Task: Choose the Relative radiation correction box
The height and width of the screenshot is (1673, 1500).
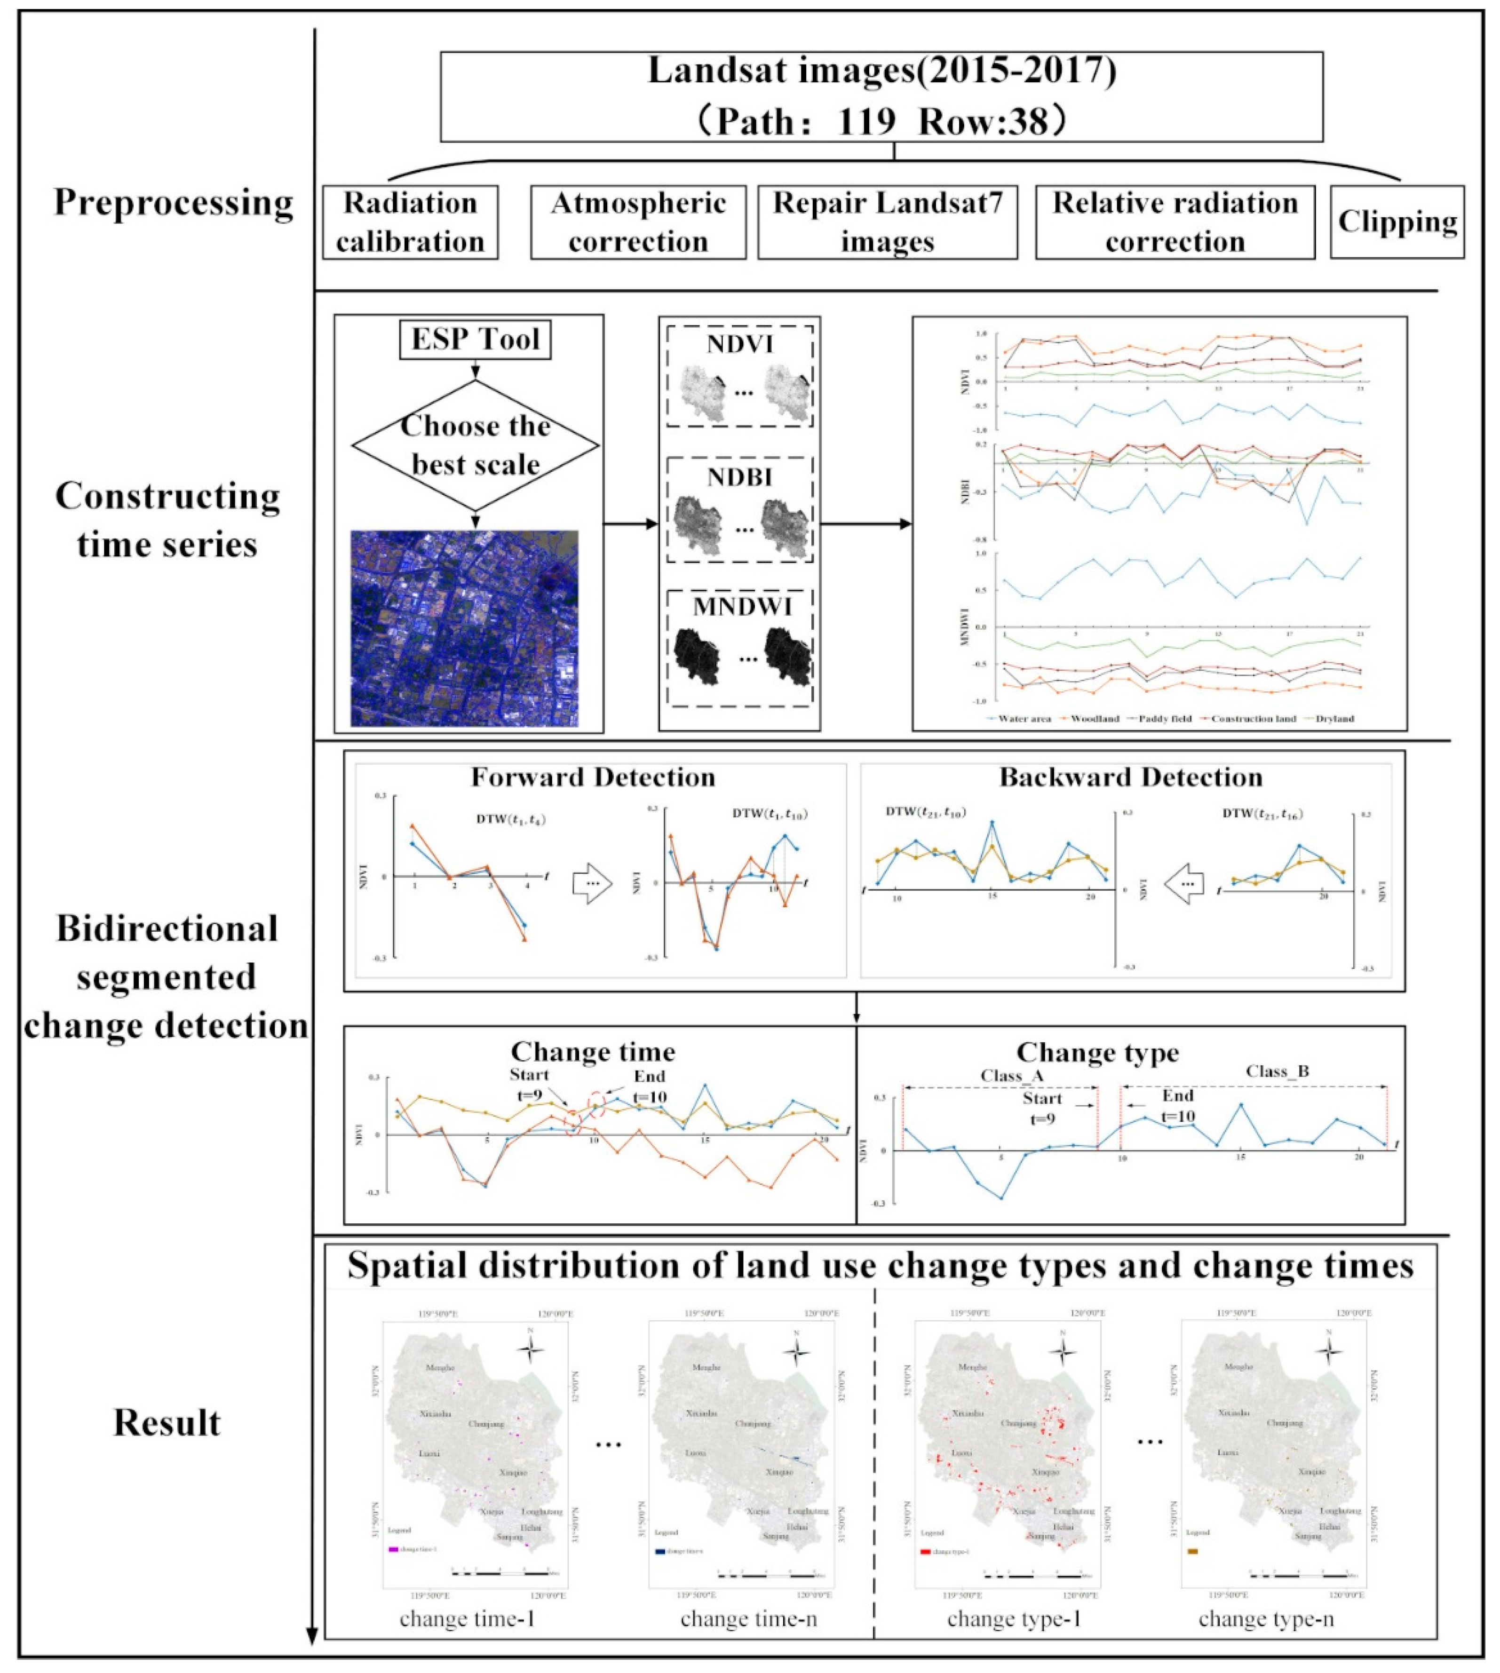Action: [1175, 222]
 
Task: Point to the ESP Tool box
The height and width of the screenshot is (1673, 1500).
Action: [476, 339]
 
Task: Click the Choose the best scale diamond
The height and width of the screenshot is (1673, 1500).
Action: [476, 445]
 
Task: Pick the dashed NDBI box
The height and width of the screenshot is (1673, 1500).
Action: [739, 510]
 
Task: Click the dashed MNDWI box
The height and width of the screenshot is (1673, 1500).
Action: [739, 647]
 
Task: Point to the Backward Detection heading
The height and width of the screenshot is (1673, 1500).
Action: [1131, 777]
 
